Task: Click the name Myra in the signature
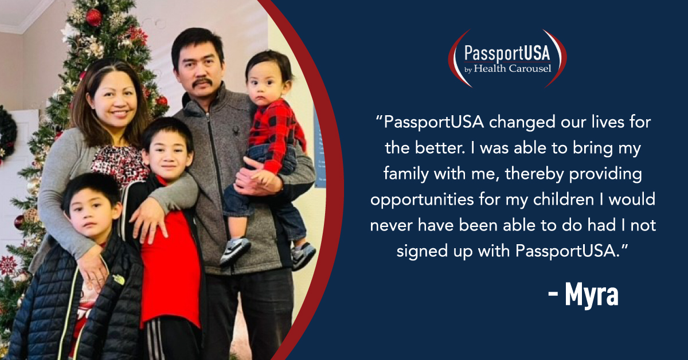[x=592, y=295]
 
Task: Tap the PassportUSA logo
[x=507, y=58]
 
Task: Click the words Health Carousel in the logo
[x=513, y=68]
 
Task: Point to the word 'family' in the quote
[x=406, y=174]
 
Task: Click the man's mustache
[x=202, y=83]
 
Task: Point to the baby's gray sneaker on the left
[x=235, y=251]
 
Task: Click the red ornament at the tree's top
[x=93, y=17]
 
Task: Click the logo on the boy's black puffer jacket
[x=119, y=280]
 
